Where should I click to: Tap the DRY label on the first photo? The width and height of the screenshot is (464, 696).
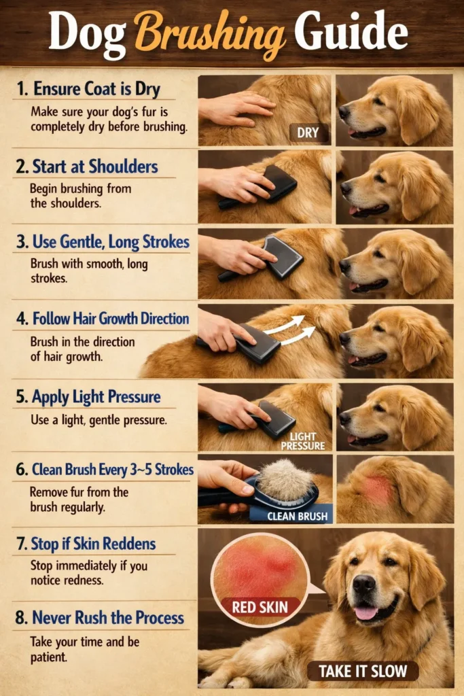[x=308, y=133]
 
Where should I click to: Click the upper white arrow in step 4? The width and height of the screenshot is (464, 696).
[x=285, y=324]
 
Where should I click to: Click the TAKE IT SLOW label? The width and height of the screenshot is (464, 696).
[x=363, y=671]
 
